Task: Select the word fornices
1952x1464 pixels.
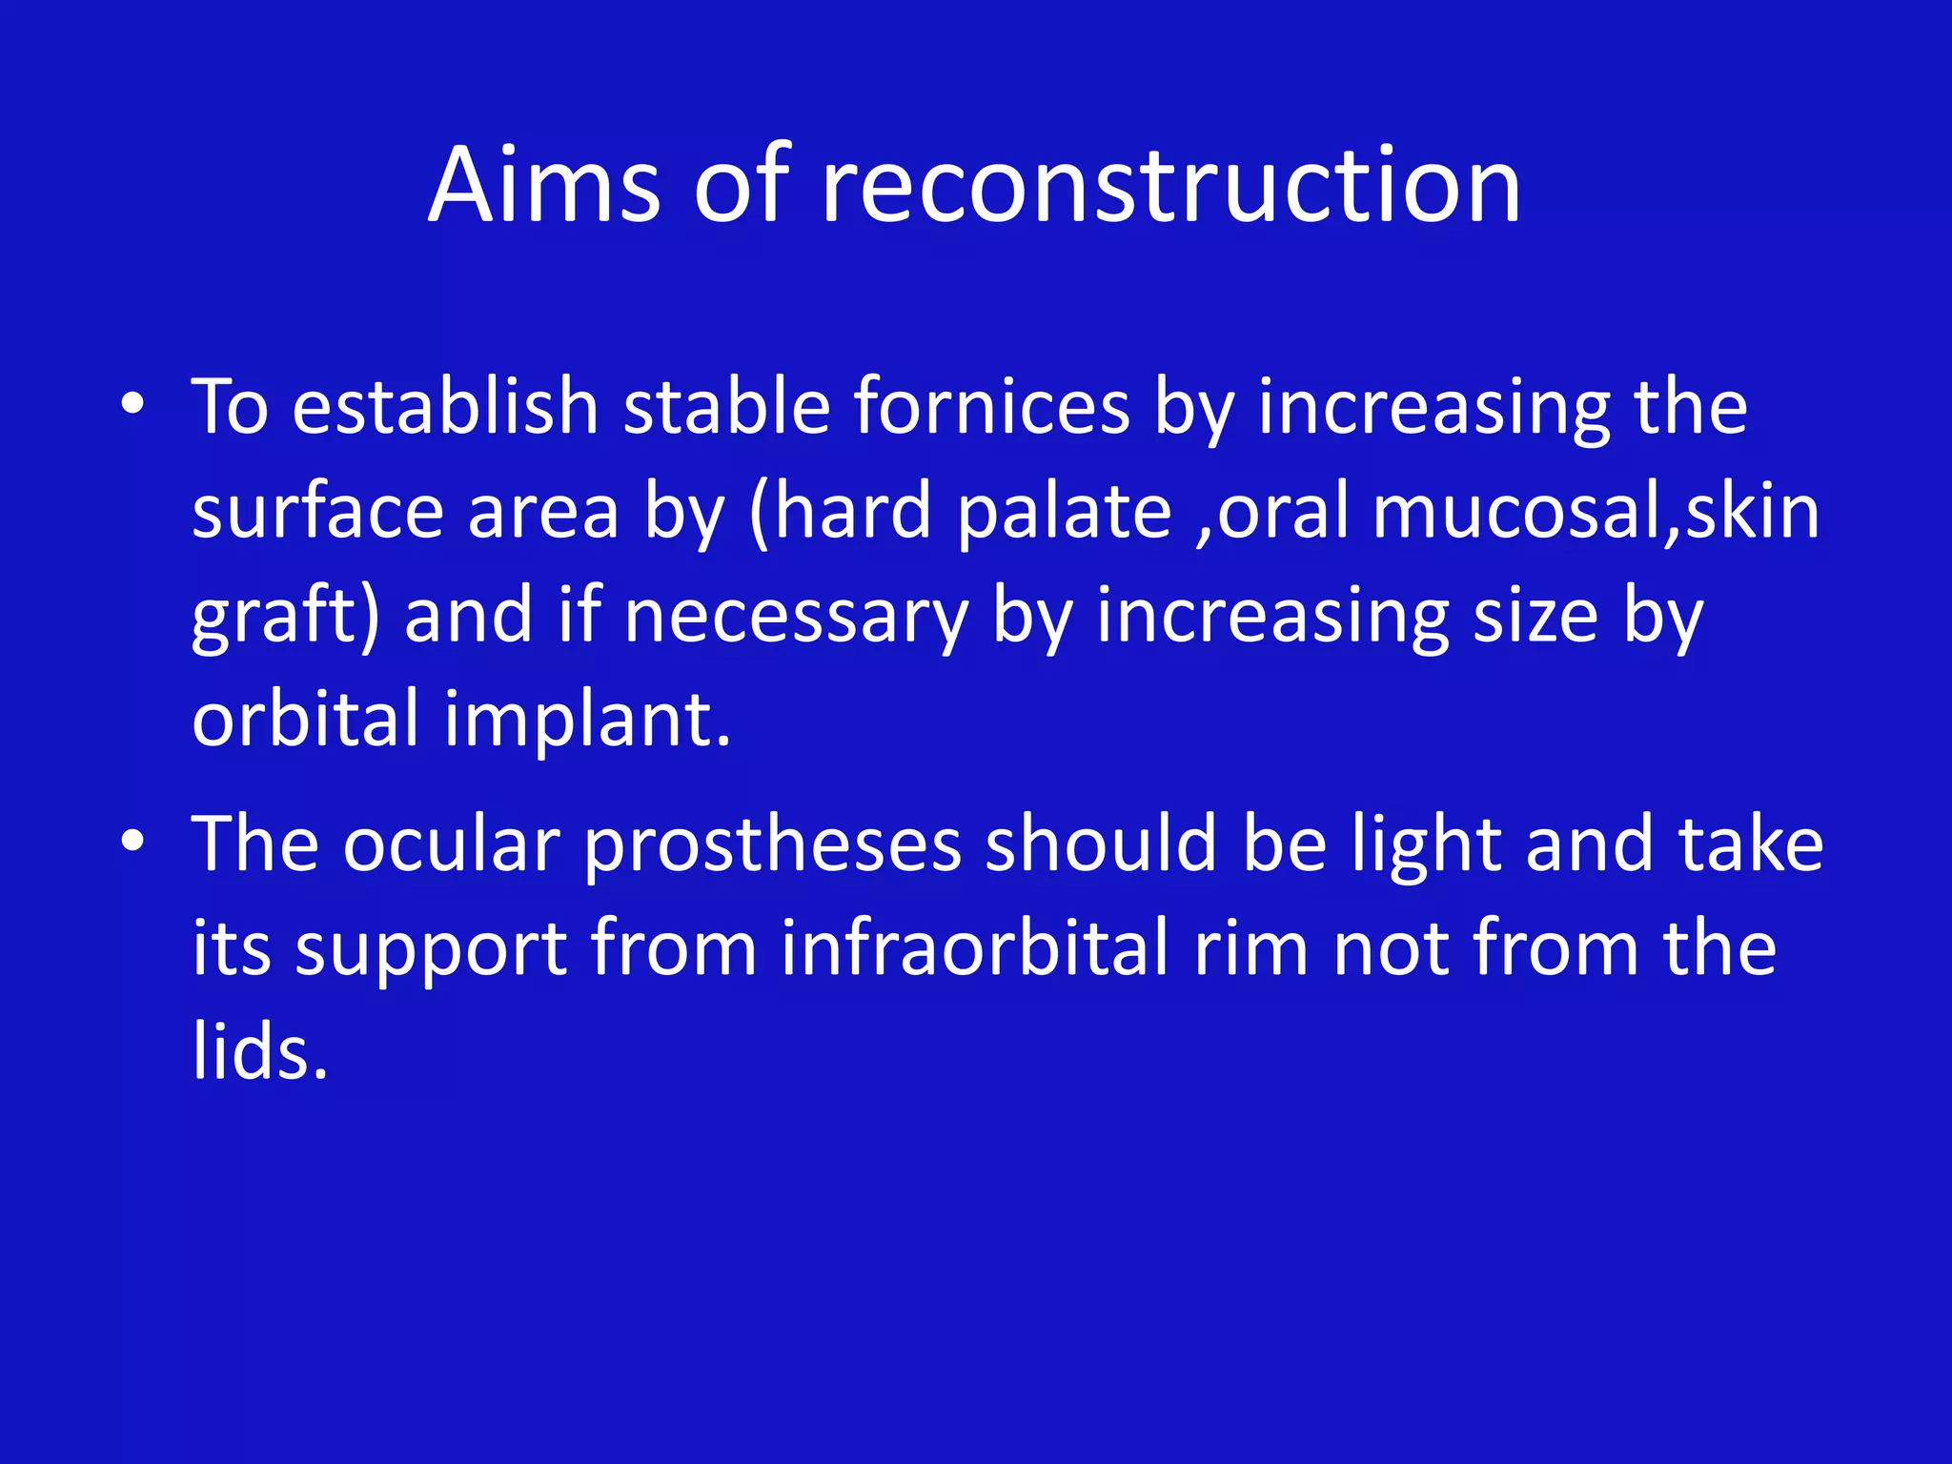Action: click(x=991, y=407)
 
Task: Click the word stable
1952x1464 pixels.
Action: click(x=726, y=407)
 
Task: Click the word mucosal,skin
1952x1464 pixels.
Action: click(x=1596, y=512)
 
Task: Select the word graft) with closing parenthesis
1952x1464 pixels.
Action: click(x=286, y=617)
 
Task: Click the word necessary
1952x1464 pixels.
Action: click(x=796, y=617)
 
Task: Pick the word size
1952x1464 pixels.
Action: click(x=1535, y=617)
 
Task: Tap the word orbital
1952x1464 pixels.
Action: click(x=305, y=720)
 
